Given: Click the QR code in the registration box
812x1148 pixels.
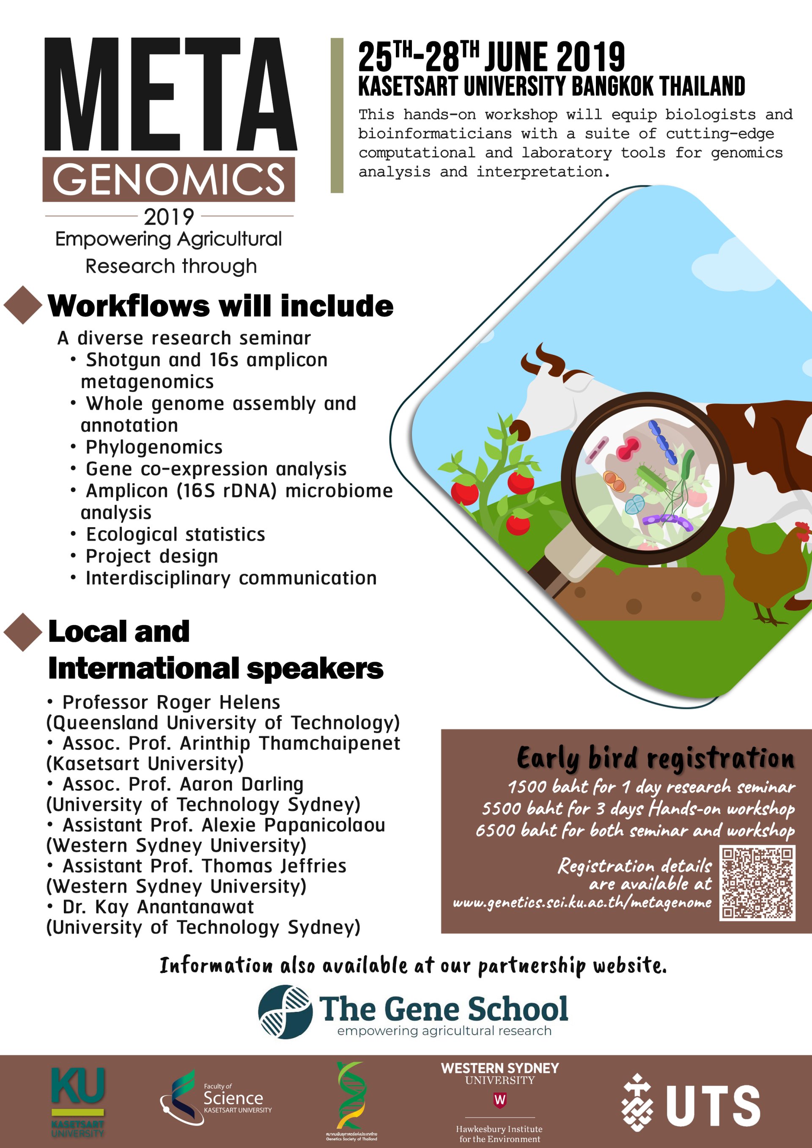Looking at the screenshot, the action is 757,882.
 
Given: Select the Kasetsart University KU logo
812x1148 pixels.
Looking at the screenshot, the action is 78,1102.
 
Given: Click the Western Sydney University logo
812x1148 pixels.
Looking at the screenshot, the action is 500,1102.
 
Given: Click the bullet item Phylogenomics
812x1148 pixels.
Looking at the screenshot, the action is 154,447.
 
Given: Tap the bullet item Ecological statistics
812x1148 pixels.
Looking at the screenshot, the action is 176,534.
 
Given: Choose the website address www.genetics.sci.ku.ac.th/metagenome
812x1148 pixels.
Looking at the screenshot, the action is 582,902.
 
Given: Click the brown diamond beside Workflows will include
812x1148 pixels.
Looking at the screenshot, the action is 23,305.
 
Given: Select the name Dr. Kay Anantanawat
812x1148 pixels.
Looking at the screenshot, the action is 158,907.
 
